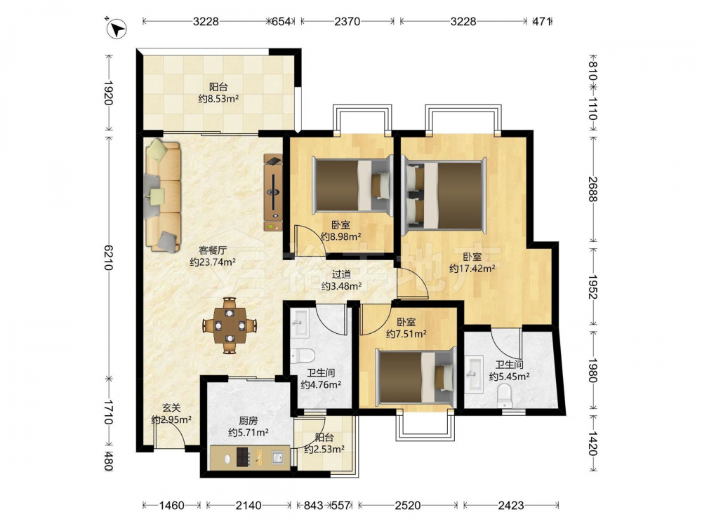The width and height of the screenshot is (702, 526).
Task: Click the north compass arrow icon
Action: (117, 29)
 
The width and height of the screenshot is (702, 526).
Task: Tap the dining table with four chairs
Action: (230, 325)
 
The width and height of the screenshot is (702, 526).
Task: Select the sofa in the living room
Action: (163, 196)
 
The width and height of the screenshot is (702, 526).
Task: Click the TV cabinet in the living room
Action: (273, 192)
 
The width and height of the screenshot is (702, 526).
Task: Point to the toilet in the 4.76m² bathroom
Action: (303, 356)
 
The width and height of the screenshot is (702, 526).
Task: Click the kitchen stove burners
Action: (243, 457)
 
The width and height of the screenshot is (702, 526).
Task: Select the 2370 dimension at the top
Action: (347, 21)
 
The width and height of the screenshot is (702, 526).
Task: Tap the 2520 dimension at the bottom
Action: (408, 506)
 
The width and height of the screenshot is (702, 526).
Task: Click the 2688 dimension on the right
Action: (592, 189)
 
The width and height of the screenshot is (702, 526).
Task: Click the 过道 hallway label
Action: (342, 274)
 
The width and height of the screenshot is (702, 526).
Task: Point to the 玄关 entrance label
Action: (171, 408)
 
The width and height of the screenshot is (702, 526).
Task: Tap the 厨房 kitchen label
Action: (248, 421)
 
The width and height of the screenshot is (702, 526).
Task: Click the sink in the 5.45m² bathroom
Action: (474, 375)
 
